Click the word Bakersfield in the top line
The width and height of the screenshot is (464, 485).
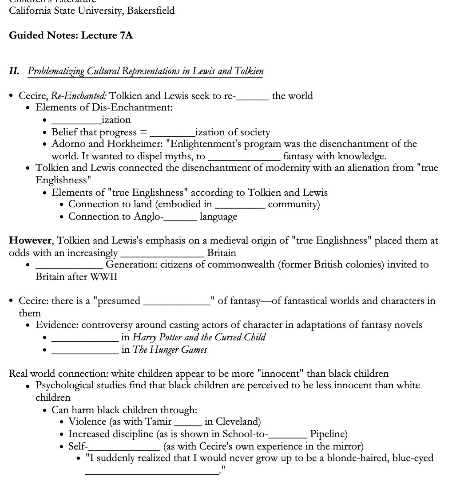click(151, 10)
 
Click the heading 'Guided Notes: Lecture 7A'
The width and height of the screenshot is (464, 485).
click(71, 35)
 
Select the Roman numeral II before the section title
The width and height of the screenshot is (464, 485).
click(14, 71)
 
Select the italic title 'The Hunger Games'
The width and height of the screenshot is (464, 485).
click(170, 350)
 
